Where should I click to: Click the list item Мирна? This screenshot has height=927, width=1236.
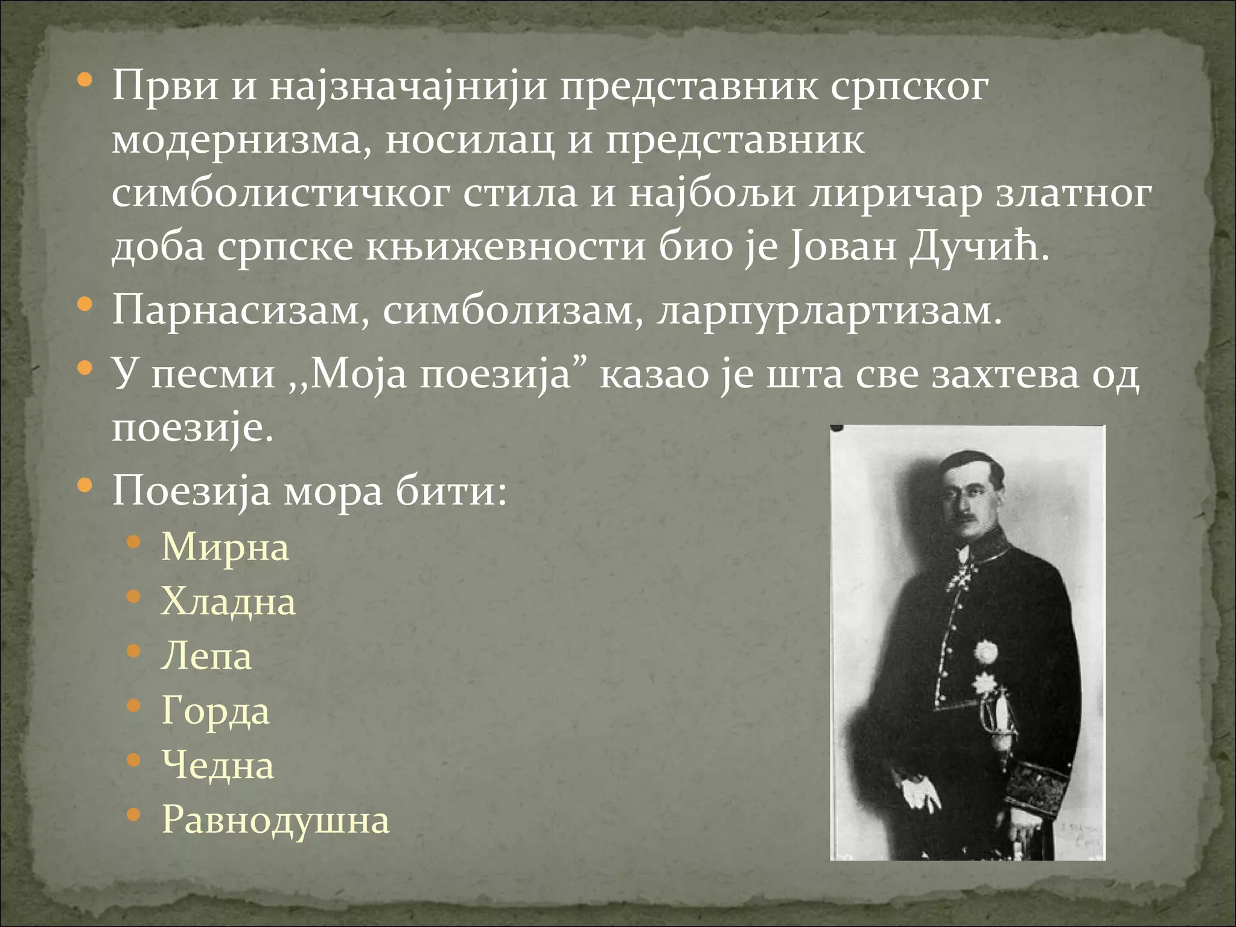tap(225, 548)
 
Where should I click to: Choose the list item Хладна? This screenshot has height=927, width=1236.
tap(228, 602)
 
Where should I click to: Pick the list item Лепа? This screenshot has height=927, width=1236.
tap(206, 657)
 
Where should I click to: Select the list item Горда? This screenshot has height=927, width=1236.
tap(215, 712)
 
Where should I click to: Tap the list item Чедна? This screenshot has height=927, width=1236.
tap(218, 766)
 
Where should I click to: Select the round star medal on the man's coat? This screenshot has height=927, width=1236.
tap(987, 652)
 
